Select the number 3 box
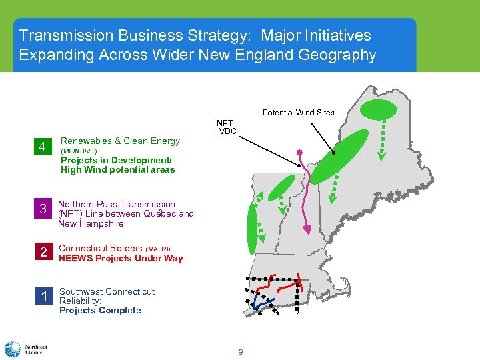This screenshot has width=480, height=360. click(42, 209)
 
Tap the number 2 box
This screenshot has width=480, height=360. click(43, 253)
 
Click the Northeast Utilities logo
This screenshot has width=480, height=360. click(24, 349)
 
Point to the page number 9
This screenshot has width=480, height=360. click(240, 351)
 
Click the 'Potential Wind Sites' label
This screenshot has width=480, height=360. click(298, 112)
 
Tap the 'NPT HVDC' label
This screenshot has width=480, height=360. click(224, 127)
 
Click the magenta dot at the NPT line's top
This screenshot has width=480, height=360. click(300, 151)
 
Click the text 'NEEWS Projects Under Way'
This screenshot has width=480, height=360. click(121, 259)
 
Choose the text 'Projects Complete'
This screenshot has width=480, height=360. click(100, 311)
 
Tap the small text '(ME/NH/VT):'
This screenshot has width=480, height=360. click(80, 151)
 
